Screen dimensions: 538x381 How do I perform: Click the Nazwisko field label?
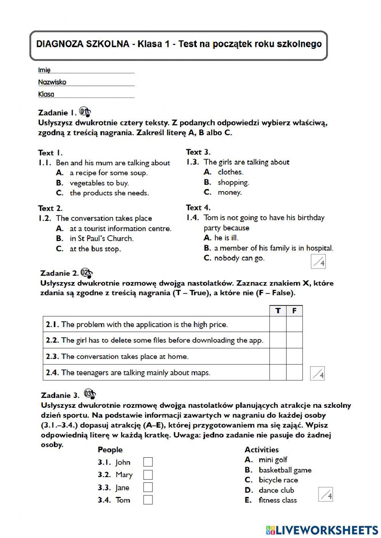52,82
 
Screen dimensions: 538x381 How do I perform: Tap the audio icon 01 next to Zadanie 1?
85,112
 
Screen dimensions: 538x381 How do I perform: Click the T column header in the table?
278,311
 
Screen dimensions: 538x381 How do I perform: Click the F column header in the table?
294,311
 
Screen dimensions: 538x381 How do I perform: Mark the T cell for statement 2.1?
278,324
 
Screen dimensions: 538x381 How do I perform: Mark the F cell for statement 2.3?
294,356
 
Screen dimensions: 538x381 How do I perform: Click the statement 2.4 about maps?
135,373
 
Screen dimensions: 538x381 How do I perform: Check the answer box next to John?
148,462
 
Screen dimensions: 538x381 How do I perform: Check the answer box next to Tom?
148,500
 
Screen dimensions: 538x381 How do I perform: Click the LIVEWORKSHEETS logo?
322,530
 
